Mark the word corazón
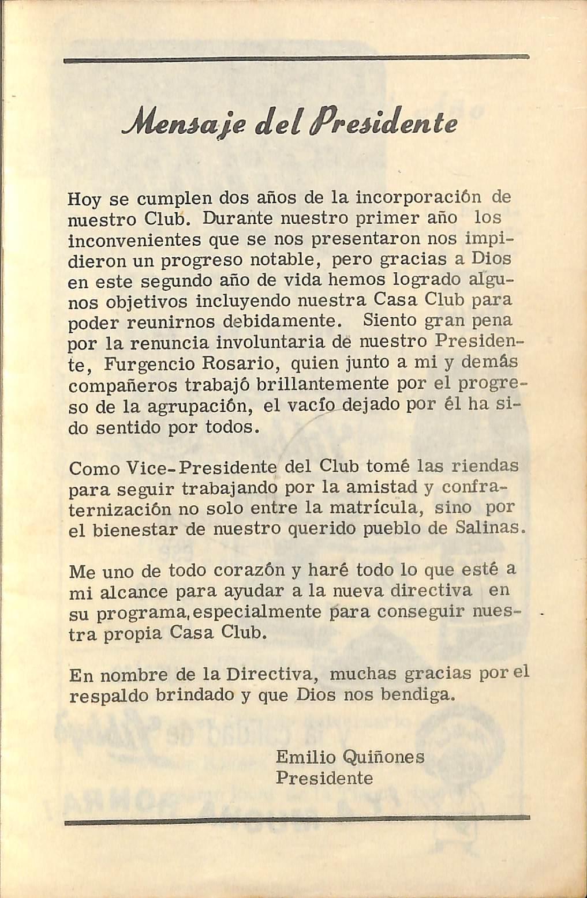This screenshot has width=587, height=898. [249, 571]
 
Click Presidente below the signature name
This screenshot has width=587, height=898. [324, 778]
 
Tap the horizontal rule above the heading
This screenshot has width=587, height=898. [296, 58]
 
